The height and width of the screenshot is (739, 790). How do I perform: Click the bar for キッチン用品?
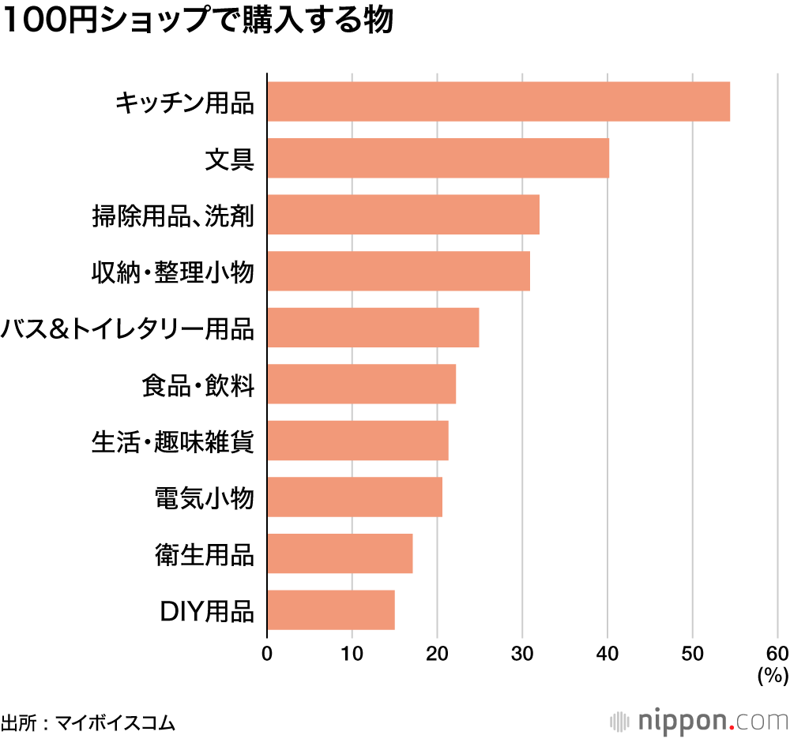click(x=498, y=101)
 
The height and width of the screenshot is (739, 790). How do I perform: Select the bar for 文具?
click(x=438, y=158)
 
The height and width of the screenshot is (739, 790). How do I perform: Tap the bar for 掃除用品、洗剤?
click(x=403, y=215)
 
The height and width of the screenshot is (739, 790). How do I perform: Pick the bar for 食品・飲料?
click(x=361, y=384)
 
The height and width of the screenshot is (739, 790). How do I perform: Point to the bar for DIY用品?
click(x=330, y=610)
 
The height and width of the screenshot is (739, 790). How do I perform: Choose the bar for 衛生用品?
click(x=340, y=553)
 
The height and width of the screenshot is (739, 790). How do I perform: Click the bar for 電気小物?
click(x=354, y=497)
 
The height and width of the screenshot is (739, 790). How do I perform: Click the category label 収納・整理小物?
click(x=173, y=272)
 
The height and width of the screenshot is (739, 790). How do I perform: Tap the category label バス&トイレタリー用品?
click(x=128, y=328)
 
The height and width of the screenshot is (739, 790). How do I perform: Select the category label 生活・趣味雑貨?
click(x=173, y=441)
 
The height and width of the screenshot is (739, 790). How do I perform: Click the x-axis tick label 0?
click(x=267, y=654)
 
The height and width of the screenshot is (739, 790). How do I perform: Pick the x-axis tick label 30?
click(x=522, y=654)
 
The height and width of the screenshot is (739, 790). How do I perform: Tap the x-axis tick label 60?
click(x=777, y=654)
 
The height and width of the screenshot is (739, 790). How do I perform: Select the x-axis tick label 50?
click(x=693, y=654)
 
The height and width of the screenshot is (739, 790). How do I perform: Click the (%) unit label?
click(x=773, y=675)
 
